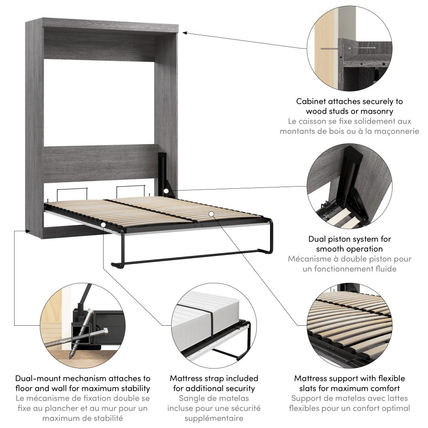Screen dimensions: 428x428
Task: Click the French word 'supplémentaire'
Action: pyautogui.click(x=214, y=418)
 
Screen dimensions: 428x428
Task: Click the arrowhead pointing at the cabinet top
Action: pyautogui.click(x=184, y=32)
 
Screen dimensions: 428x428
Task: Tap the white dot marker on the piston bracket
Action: pyautogui.click(x=166, y=190)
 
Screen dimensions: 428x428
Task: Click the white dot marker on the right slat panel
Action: pyautogui.click(x=211, y=213)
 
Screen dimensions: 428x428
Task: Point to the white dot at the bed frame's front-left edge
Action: pyautogui.click(x=103, y=224)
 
